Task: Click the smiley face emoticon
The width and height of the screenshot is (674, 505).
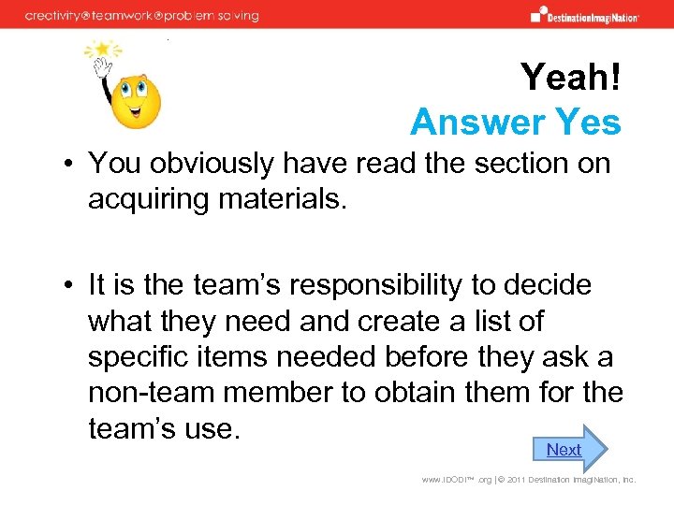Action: point(136,101)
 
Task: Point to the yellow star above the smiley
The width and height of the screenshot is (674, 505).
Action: point(99,50)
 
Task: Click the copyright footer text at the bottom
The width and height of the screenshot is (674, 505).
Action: point(528,480)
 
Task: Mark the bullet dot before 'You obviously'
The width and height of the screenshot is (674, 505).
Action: point(69,165)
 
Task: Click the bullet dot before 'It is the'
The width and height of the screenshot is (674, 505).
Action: point(69,286)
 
